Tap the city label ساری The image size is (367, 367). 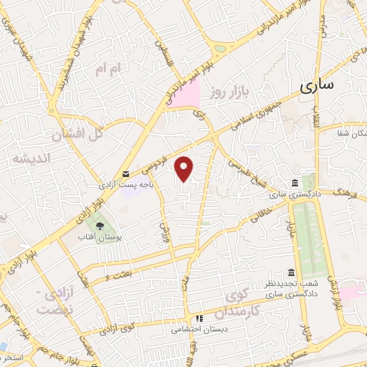316,85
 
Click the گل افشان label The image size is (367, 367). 79,134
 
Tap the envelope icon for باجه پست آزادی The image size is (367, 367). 125,174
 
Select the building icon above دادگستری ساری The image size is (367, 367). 295,183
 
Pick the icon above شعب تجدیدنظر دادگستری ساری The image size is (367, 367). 290,273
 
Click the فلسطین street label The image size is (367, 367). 161,32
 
